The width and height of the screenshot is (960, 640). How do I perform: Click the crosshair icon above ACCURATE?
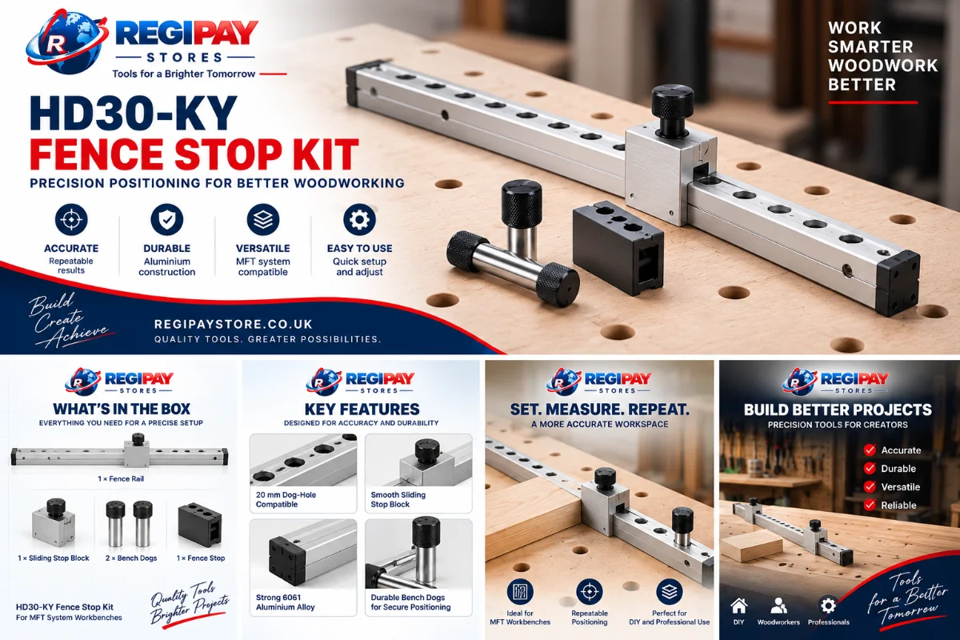pyautogui.click(x=71, y=219)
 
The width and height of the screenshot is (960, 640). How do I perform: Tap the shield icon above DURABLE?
pyautogui.click(x=166, y=219)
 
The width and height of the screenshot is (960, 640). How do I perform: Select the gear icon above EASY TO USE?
pyautogui.click(x=359, y=219)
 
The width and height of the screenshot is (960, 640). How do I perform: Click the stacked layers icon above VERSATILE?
pyautogui.click(x=262, y=219)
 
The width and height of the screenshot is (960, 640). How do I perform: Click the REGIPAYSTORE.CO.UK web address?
pyautogui.click(x=234, y=324)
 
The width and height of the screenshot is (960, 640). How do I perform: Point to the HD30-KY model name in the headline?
pyautogui.click(x=134, y=113)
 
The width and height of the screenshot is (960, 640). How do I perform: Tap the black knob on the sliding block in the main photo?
pyautogui.click(x=673, y=110)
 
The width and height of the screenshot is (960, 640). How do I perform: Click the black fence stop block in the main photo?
pyautogui.click(x=618, y=247)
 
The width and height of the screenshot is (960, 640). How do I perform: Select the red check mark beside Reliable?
pyautogui.click(x=870, y=505)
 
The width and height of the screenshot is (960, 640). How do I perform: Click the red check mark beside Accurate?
pyautogui.click(x=870, y=450)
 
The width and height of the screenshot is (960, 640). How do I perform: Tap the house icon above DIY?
pyautogui.click(x=739, y=606)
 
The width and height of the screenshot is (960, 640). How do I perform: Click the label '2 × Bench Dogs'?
pyautogui.click(x=131, y=558)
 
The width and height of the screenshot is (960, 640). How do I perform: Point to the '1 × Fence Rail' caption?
pyautogui.click(x=121, y=479)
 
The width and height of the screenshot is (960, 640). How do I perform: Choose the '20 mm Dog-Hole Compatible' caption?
pyautogui.click(x=286, y=499)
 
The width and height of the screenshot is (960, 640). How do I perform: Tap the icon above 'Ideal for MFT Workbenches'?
pyautogui.click(x=520, y=591)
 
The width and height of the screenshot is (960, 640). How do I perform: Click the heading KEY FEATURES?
pyautogui.click(x=362, y=410)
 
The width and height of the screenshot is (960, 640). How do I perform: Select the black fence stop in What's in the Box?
pyautogui.click(x=200, y=524)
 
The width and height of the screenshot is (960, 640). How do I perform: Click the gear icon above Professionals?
pyautogui.click(x=828, y=606)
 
